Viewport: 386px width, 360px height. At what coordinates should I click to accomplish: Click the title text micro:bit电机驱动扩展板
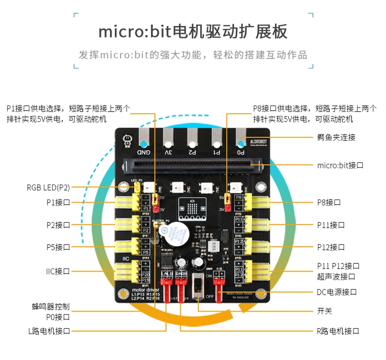point(193,31)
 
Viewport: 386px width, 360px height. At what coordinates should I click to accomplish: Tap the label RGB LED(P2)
point(48,187)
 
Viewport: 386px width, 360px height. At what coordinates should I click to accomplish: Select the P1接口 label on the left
point(58,203)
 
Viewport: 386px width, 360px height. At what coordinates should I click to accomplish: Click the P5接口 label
point(58,247)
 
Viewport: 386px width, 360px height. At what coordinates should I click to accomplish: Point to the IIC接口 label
point(58,271)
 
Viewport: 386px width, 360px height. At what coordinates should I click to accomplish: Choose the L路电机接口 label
point(49,331)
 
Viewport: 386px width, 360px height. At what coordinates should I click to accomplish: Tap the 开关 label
point(325,311)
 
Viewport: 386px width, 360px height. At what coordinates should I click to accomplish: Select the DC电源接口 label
point(337,292)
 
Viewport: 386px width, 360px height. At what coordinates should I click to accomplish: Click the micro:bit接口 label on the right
point(340,166)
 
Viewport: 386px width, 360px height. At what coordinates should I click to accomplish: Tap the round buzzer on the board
point(179,235)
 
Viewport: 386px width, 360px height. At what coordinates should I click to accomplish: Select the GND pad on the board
point(144,141)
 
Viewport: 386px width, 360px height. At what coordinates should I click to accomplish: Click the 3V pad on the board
point(168,141)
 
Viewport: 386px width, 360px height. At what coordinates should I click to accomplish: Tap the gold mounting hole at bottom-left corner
point(124,295)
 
